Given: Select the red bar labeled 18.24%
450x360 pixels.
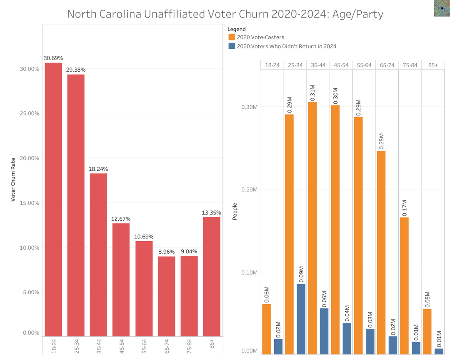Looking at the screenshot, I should click(x=98, y=255).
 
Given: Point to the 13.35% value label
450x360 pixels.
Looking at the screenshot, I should click(x=212, y=212).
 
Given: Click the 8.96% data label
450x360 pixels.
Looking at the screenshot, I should click(x=166, y=252).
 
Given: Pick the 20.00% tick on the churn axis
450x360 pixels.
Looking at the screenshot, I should click(x=30, y=158).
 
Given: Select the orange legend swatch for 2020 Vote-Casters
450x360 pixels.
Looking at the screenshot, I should click(x=232, y=37).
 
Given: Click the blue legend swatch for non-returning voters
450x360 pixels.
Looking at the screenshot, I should click(x=232, y=46).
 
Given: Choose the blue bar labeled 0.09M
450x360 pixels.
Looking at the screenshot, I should click(x=301, y=319).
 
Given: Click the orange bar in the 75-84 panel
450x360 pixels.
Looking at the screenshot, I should click(x=404, y=285).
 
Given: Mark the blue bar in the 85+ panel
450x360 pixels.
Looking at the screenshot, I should click(x=439, y=351).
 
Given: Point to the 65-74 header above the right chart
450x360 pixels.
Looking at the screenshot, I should click(x=387, y=65).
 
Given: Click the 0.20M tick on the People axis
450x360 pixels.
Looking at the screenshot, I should click(x=250, y=189).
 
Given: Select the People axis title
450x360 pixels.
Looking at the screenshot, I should click(x=235, y=212).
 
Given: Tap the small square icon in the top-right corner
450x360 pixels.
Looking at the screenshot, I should click(x=441, y=8).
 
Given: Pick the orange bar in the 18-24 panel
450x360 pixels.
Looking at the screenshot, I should click(x=267, y=329).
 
